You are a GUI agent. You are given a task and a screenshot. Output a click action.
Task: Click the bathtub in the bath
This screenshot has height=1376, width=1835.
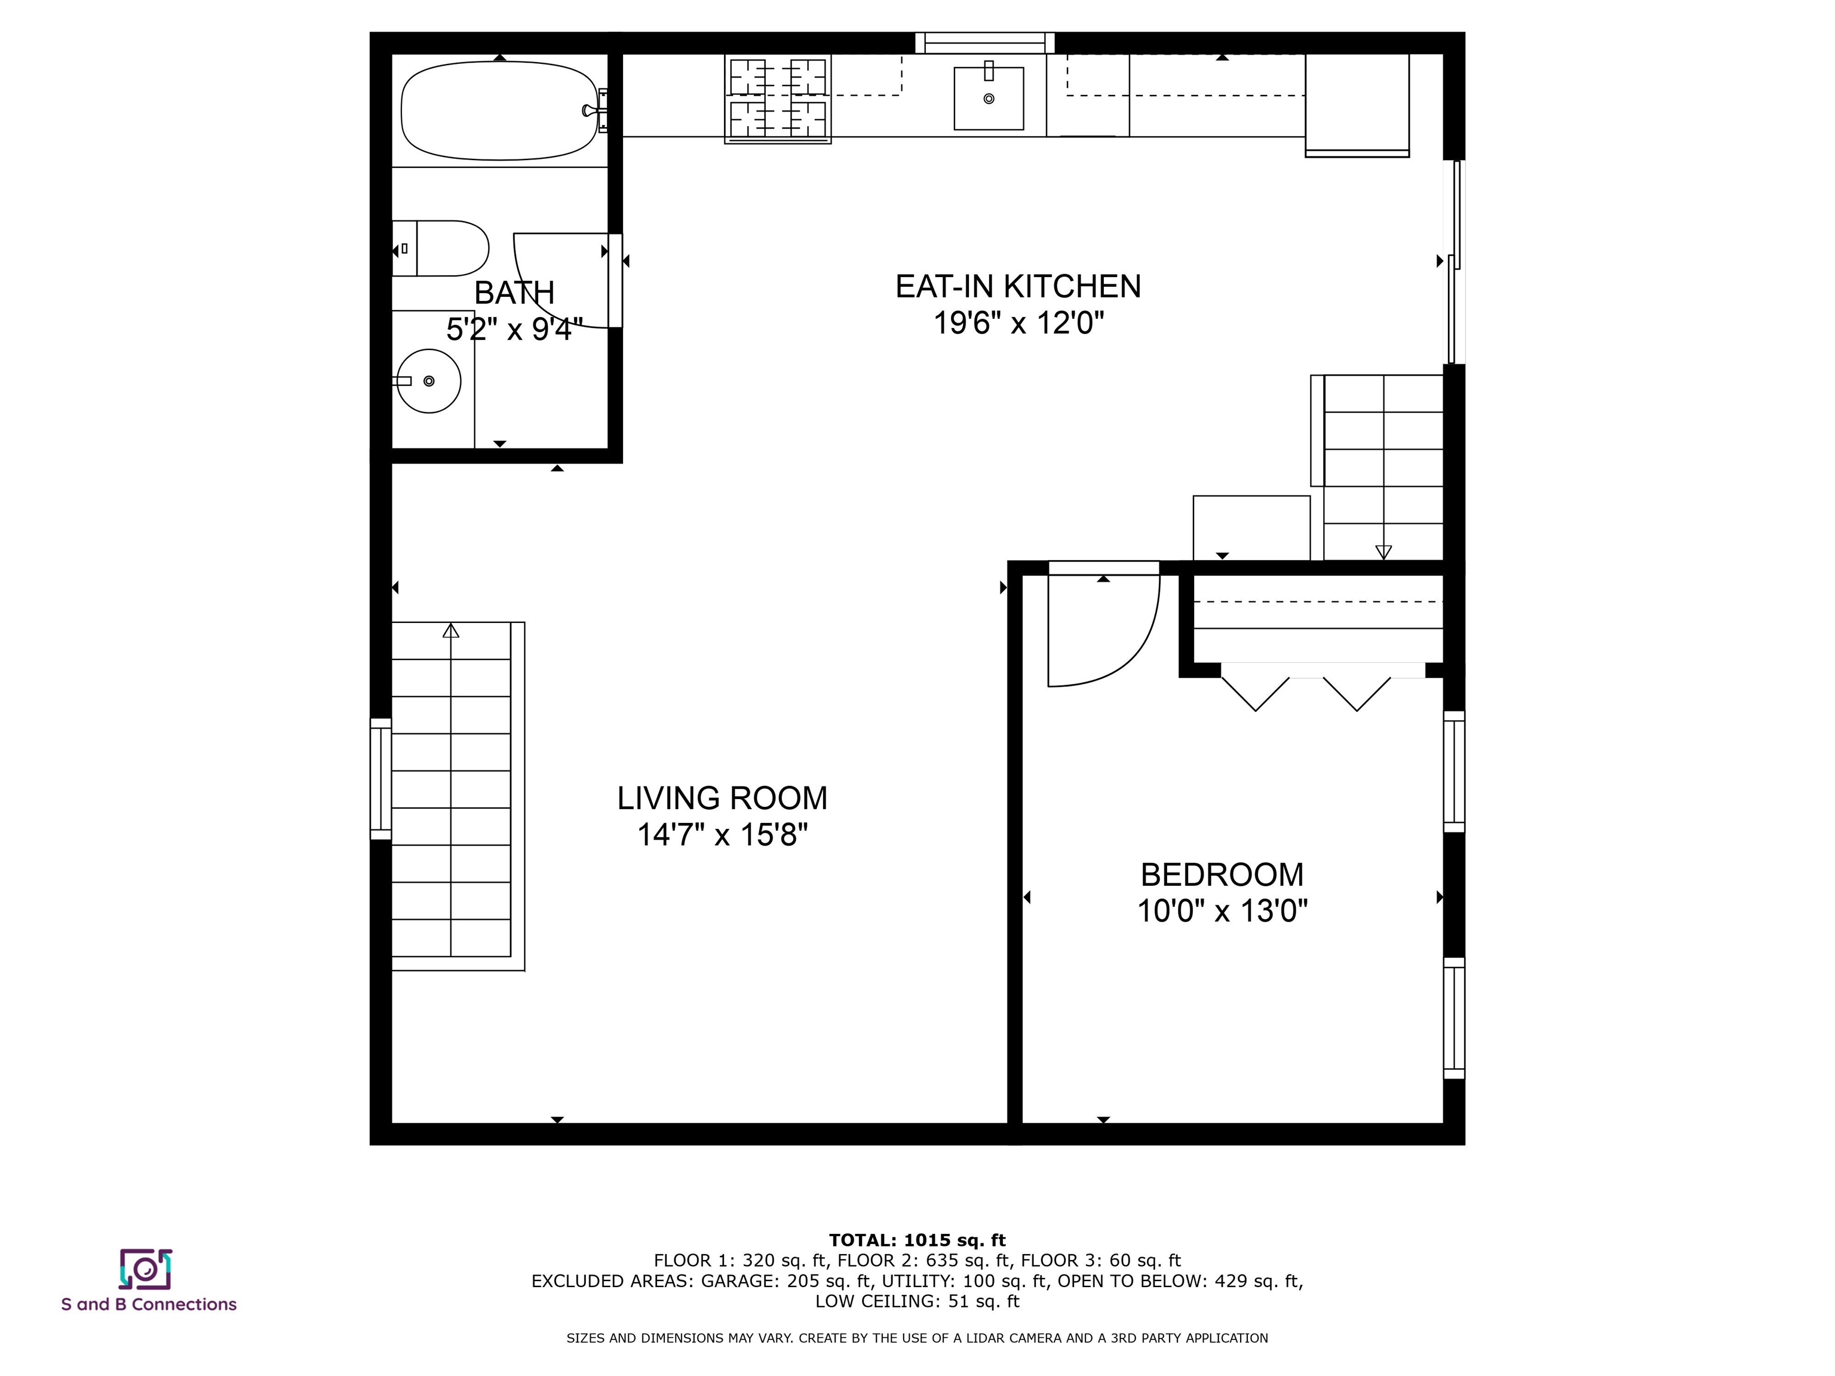499,110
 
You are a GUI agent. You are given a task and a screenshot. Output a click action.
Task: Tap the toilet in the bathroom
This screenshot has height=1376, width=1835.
440,248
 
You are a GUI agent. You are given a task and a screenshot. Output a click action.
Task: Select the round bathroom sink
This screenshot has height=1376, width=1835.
428,380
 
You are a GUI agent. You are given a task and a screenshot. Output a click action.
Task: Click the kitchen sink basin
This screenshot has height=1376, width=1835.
988,99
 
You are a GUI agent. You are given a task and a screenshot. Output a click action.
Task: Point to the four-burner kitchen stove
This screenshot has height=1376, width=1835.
777,99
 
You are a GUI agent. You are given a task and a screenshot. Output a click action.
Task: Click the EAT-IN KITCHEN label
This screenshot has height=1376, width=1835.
1018,286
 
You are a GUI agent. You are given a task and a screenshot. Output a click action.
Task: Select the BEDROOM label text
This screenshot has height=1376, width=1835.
1222,875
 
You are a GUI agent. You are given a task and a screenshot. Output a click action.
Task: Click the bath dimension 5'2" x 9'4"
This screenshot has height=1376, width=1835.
514,329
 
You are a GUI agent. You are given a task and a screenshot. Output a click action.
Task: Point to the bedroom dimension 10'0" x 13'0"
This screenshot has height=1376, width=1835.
1222,911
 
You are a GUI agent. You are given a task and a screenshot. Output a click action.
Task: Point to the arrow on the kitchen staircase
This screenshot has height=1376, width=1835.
1383,552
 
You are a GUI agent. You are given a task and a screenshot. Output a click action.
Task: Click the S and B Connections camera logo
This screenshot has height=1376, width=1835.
145,1269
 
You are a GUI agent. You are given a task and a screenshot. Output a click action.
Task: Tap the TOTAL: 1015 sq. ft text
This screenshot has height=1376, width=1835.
917,1240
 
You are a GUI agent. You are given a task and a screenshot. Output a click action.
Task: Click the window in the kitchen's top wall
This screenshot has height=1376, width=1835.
984,42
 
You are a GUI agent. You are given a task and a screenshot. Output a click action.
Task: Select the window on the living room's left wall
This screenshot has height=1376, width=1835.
380,779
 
